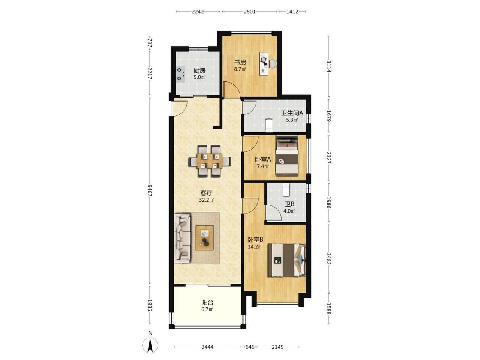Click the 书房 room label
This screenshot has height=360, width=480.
tap(240, 62)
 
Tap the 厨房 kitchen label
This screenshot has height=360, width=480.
tap(199, 70)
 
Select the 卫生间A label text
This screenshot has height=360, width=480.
tap(292, 113)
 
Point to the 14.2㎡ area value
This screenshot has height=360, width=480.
tap(255, 246)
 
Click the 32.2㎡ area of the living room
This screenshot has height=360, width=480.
tap(206, 200)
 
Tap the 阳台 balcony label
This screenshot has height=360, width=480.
tap(207, 303)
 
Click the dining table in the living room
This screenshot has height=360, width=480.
tap(210, 161)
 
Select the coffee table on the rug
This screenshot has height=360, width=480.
tap(204, 238)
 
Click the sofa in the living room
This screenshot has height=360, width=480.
tap(182, 238)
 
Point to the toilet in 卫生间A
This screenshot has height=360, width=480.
tap(268, 126)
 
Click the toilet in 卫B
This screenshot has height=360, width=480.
tap(286, 189)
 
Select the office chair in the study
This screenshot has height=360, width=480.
tap(273, 64)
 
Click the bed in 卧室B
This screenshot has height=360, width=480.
tap(287, 260)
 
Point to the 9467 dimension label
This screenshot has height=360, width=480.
tap(150, 190)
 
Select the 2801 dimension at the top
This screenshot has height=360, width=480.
tap(249, 12)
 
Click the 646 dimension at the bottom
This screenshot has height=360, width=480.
tap(250, 347)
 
